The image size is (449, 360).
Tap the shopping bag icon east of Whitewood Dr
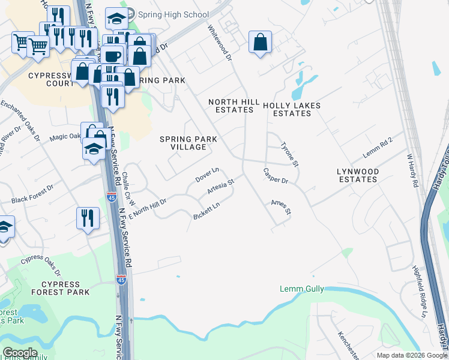[259, 43]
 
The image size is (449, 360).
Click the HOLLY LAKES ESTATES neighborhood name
[292, 109]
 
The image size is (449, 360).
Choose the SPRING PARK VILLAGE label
[188, 143]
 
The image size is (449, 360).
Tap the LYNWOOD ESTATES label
[358, 175]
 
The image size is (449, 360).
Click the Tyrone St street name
[289, 154]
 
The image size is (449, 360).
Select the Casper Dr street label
[276, 176]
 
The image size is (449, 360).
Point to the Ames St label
[280, 208]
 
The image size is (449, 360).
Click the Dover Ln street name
[207, 175]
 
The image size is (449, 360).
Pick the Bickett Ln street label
[206, 211]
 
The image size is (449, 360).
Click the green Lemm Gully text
[302, 289]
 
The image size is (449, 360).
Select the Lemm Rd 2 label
[378, 148]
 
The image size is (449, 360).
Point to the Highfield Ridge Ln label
[418, 284]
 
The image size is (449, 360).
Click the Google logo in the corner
[20, 353]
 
